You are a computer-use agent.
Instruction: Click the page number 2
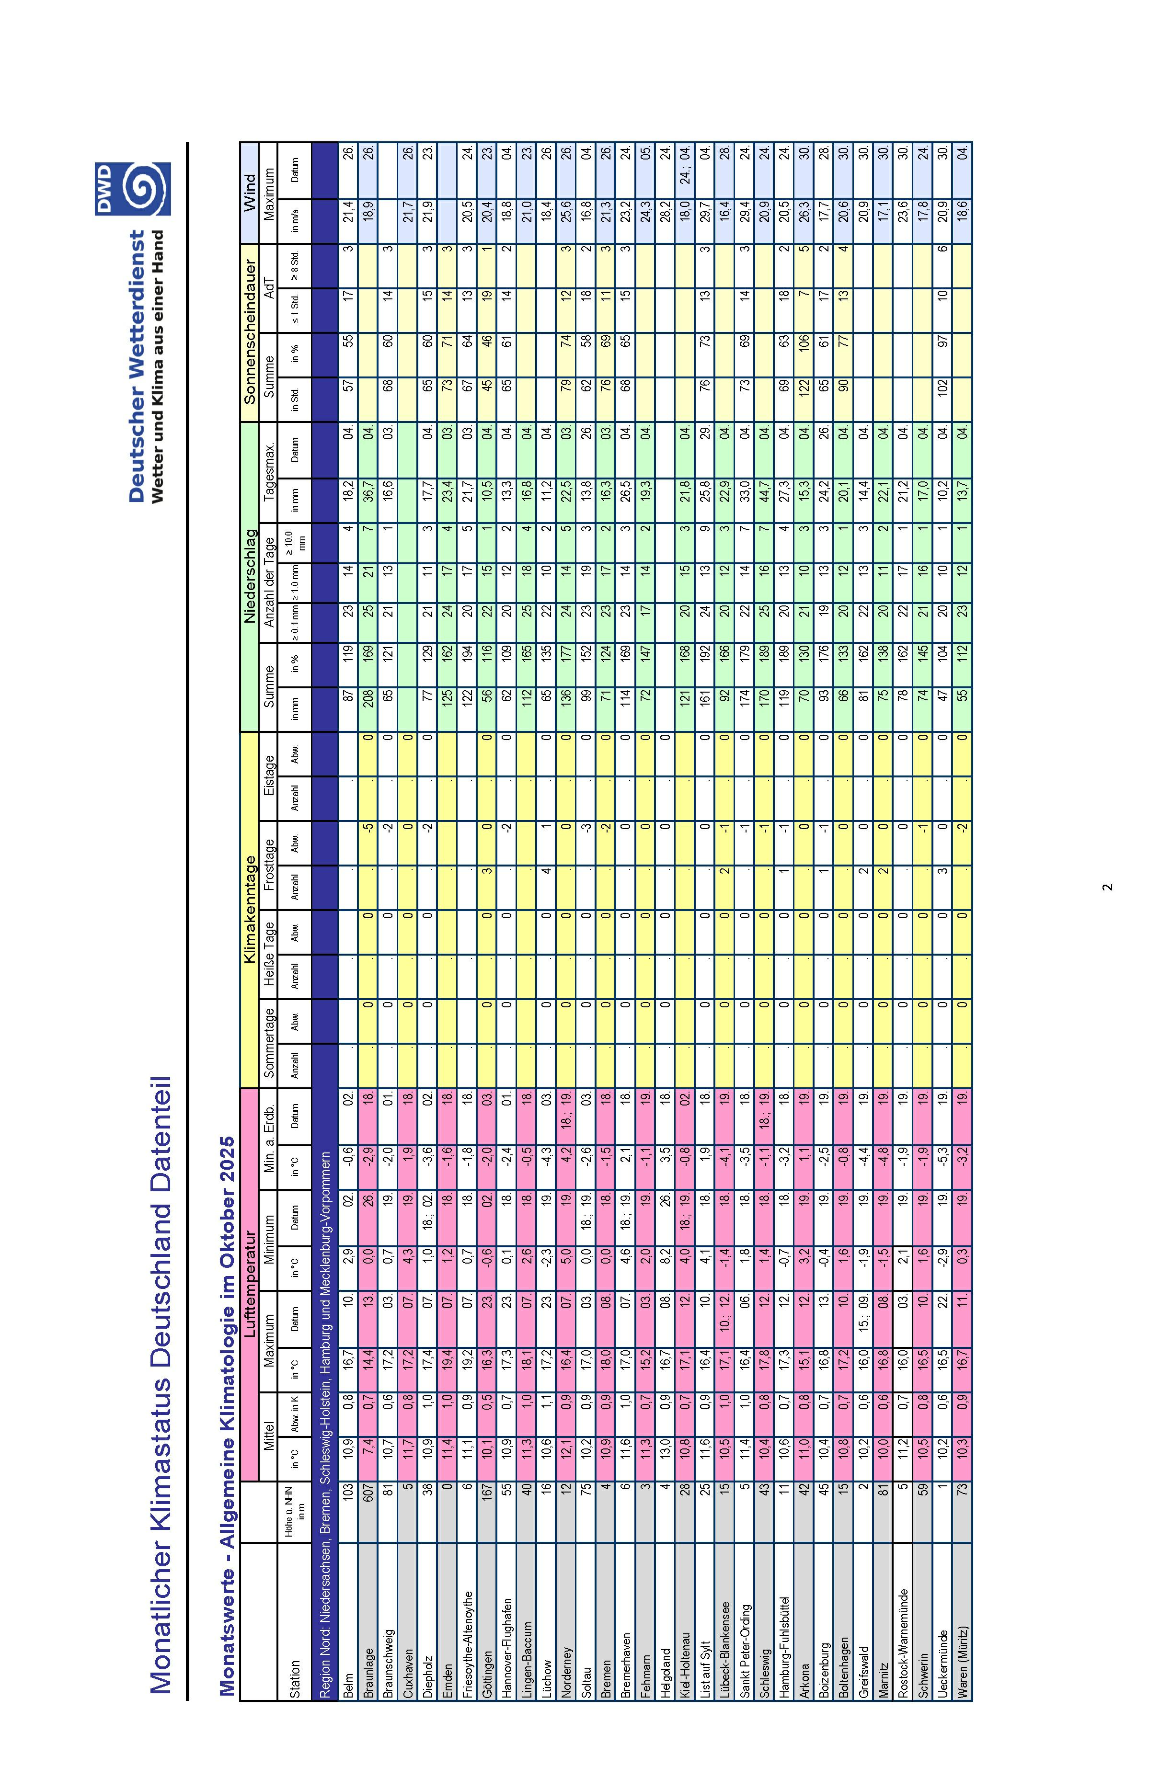point(1107,887)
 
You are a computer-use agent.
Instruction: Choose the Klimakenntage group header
point(249,910)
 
